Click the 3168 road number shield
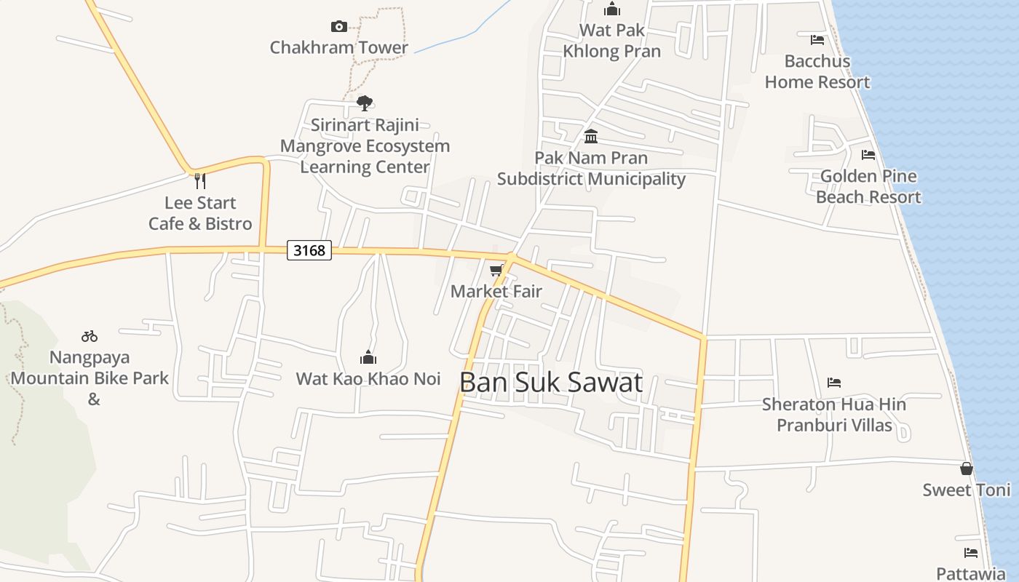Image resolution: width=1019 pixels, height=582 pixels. pyautogui.click(x=309, y=250)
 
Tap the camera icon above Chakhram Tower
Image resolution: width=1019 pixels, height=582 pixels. pyautogui.click(x=339, y=26)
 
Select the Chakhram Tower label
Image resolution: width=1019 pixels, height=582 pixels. pyautogui.click(x=339, y=47)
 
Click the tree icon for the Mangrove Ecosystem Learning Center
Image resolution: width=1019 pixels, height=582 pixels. pyautogui.click(x=365, y=103)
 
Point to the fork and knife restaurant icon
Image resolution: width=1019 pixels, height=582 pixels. pyautogui.click(x=199, y=180)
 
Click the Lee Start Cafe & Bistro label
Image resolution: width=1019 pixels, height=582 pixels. pyautogui.click(x=200, y=213)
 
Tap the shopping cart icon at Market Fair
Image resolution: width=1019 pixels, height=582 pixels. pyautogui.click(x=496, y=271)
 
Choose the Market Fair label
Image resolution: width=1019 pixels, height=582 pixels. pyautogui.click(x=496, y=291)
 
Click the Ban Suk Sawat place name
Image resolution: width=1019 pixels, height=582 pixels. pyautogui.click(x=551, y=382)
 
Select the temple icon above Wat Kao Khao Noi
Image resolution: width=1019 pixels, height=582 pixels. pyautogui.click(x=368, y=357)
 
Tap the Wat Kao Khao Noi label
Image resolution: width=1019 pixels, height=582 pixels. pyautogui.click(x=368, y=378)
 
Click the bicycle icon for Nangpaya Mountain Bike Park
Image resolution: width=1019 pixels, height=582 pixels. pyautogui.click(x=90, y=336)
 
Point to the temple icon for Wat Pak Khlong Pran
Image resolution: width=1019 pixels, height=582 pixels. pyautogui.click(x=612, y=9)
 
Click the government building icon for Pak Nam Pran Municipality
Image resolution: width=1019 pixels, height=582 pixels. pyautogui.click(x=591, y=137)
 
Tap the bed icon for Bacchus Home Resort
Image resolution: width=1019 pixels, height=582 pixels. pyautogui.click(x=817, y=40)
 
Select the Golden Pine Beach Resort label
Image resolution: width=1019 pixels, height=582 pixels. pyautogui.click(x=868, y=186)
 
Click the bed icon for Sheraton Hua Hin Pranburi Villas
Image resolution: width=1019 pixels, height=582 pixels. pyautogui.click(x=834, y=383)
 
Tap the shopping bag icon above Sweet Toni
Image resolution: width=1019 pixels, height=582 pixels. pyautogui.click(x=967, y=469)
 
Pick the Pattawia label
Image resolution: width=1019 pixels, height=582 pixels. pyautogui.click(x=970, y=573)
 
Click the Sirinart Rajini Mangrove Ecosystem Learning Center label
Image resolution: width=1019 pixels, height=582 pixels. pyautogui.click(x=365, y=145)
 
